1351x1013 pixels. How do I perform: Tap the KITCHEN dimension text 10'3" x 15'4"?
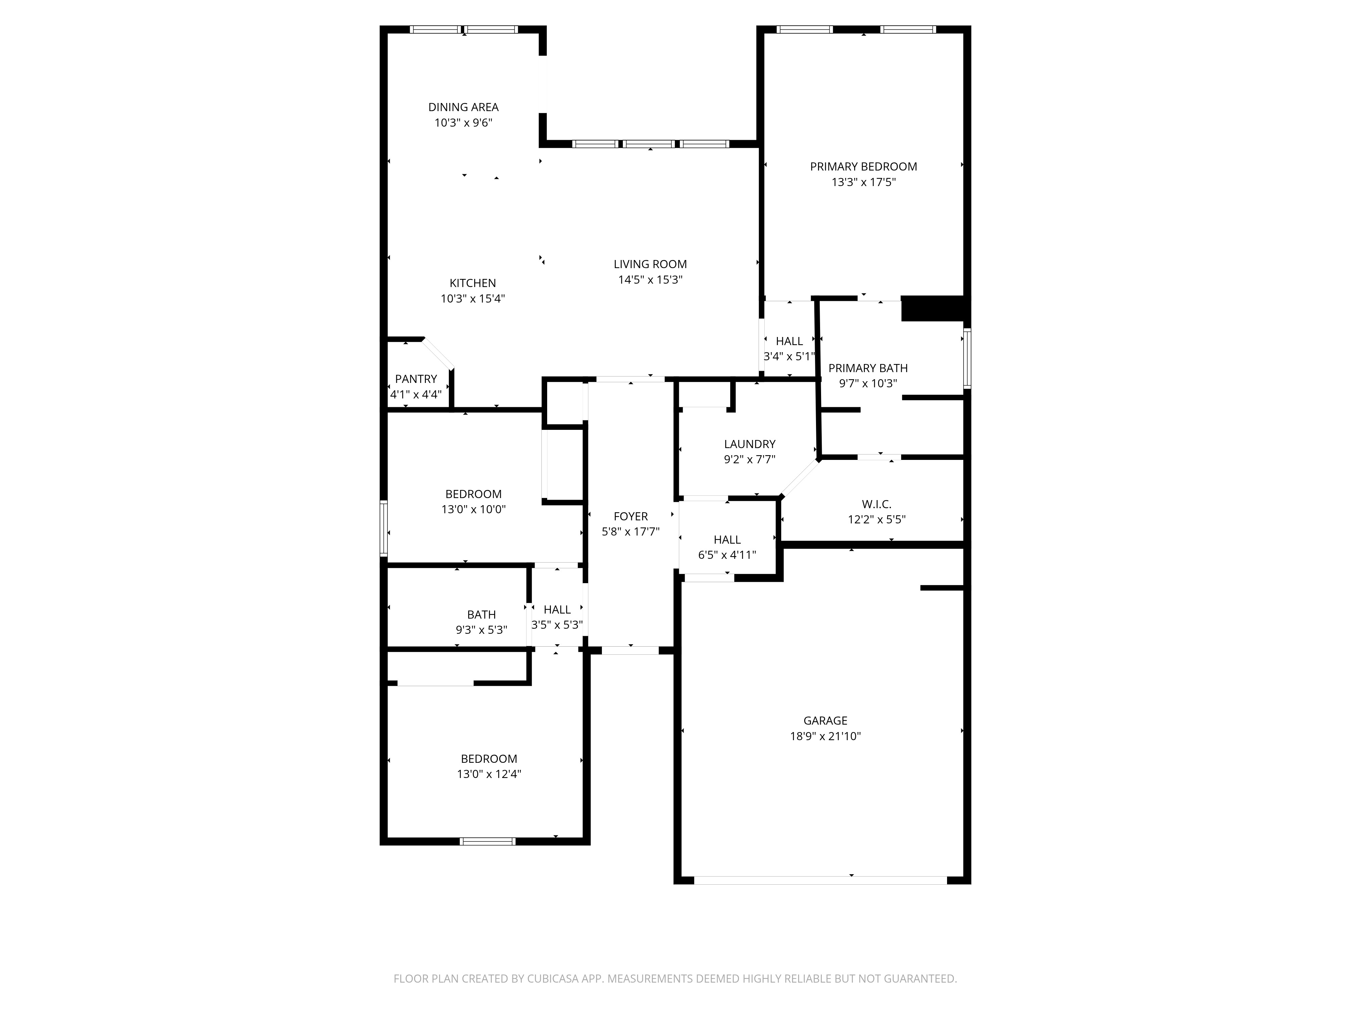tap(473, 298)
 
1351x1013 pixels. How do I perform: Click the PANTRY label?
tap(416, 379)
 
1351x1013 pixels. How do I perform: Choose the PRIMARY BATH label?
tap(868, 368)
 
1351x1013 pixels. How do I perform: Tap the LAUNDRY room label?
tap(749, 444)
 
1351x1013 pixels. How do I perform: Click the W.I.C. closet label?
tap(876, 504)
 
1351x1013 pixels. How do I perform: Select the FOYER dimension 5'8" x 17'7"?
tap(630, 532)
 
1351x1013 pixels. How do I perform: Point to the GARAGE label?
tap(825, 721)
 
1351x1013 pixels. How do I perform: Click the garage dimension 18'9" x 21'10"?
tap(825, 736)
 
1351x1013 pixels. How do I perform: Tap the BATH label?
tap(481, 615)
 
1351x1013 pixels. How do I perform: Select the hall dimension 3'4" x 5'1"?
tap(789, 357)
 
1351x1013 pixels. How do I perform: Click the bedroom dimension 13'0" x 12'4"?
tap(489, 774)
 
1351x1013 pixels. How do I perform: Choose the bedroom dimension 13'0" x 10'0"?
tap(473, 509)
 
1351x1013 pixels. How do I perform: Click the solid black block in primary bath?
tap(933, 308)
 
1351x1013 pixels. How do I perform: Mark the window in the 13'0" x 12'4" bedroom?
tap(487, 841)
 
